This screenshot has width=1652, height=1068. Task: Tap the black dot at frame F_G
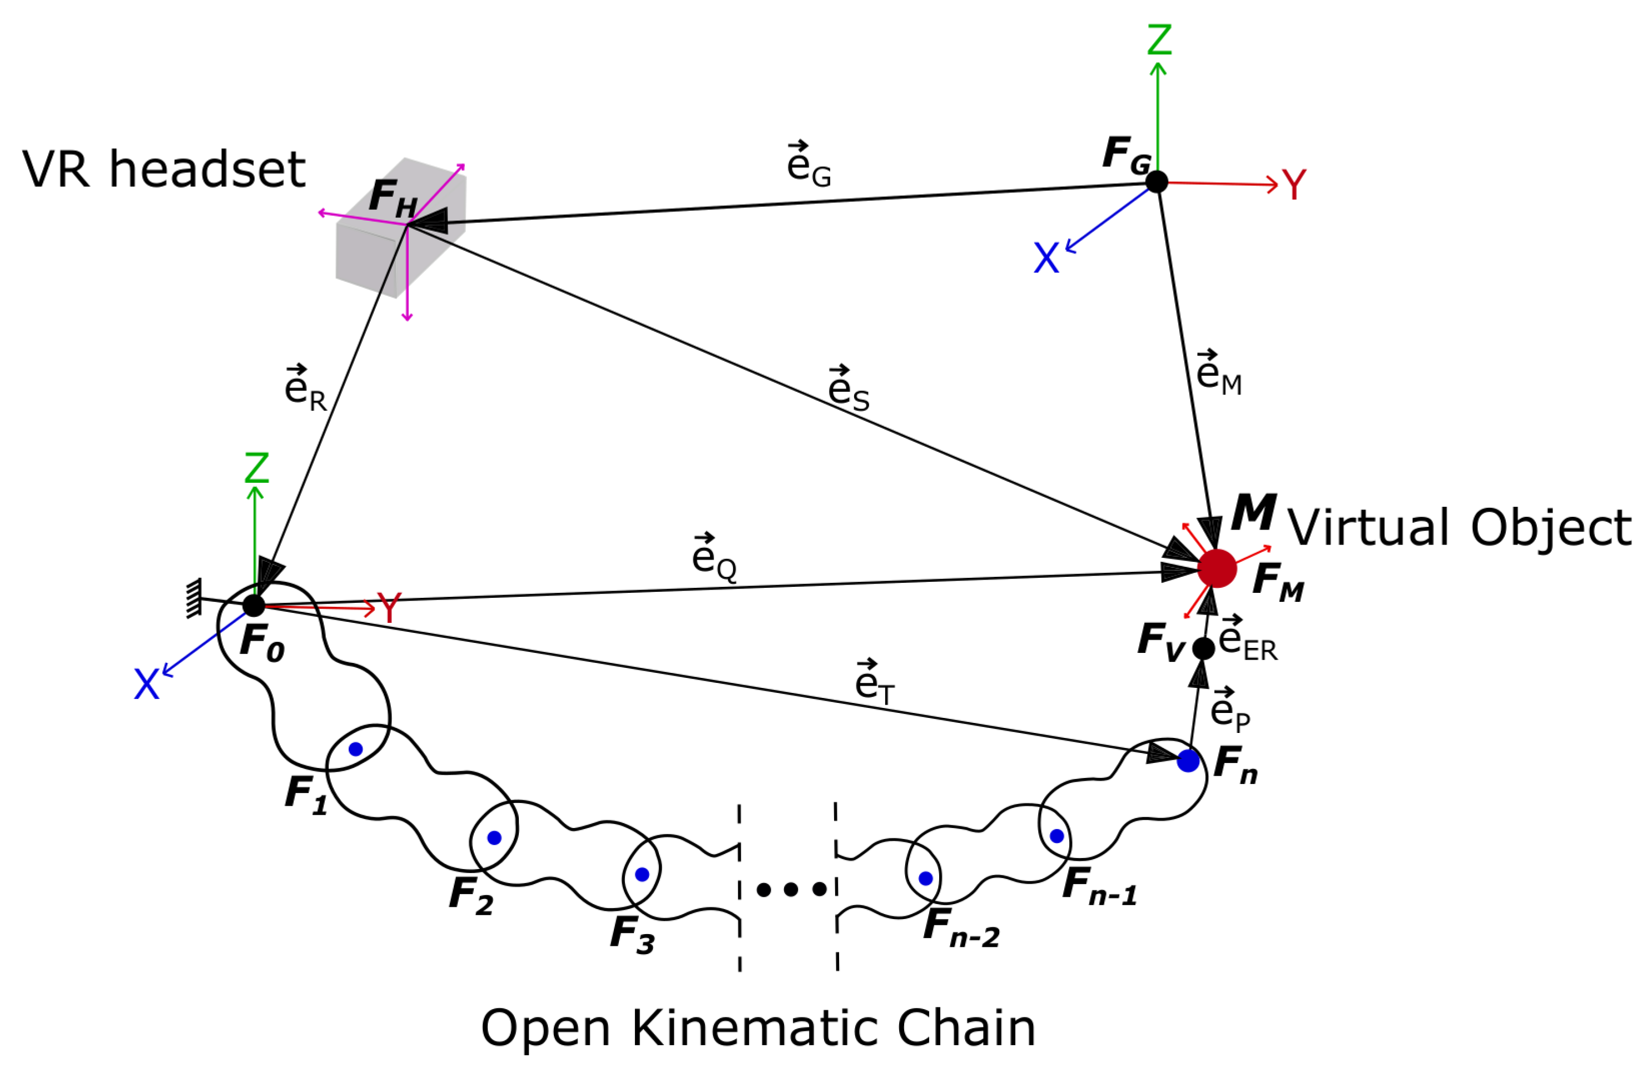click(1156, 182)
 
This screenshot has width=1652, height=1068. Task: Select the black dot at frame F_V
click(1203, 648)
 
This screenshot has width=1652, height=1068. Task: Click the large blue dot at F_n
click(1188, 761)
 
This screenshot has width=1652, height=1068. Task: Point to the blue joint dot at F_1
click(355, 749)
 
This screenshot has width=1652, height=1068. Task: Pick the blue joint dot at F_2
click(494, 838)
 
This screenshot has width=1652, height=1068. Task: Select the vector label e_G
click(808, 164)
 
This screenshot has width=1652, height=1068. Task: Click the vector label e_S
click(848, 388)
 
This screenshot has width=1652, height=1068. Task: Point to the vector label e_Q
click(713, 557)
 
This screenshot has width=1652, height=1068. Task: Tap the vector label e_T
click(874, 682)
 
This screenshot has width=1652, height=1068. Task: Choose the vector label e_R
click(305, 388)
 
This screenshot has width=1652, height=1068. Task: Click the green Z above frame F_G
click(1159, 39)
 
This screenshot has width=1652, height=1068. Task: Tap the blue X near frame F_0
click(146, 684)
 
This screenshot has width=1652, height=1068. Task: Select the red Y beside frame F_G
click(1294, 184)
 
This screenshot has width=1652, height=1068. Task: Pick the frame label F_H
click(393, 198)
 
